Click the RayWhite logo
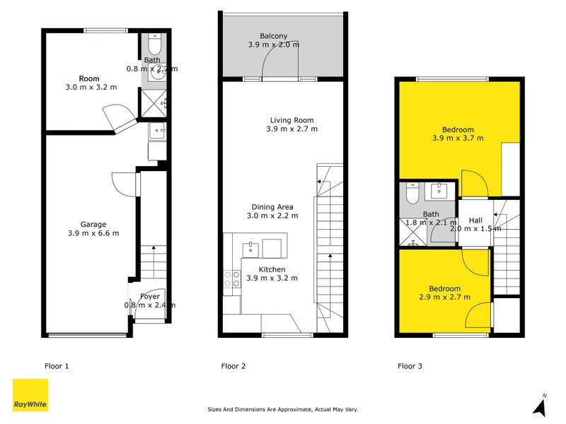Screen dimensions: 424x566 coord(30,395)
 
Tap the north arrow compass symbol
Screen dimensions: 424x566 coord(541,406)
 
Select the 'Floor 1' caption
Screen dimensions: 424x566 coord(57,366)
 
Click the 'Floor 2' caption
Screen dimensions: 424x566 coord(233,366)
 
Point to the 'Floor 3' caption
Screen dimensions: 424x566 coord(410,366)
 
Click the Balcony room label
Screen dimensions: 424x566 coord(273,35)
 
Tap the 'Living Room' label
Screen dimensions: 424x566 coord(291,120)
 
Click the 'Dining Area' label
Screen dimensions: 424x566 coord(272,207)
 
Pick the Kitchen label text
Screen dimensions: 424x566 coord(272,269)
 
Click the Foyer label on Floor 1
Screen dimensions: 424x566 coord(149,296)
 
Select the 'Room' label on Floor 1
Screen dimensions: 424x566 coord(89,78)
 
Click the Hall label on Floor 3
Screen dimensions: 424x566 coord(475,220)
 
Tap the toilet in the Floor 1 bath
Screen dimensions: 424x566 coord(156,45)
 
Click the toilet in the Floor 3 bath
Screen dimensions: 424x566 coord(412,191)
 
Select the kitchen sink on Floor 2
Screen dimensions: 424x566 coord(250,249)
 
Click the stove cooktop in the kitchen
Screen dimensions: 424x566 coord(231,279)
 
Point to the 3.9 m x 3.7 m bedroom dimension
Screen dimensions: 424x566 coord(458,138)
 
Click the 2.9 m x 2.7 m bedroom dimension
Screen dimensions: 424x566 coord(444,298)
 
